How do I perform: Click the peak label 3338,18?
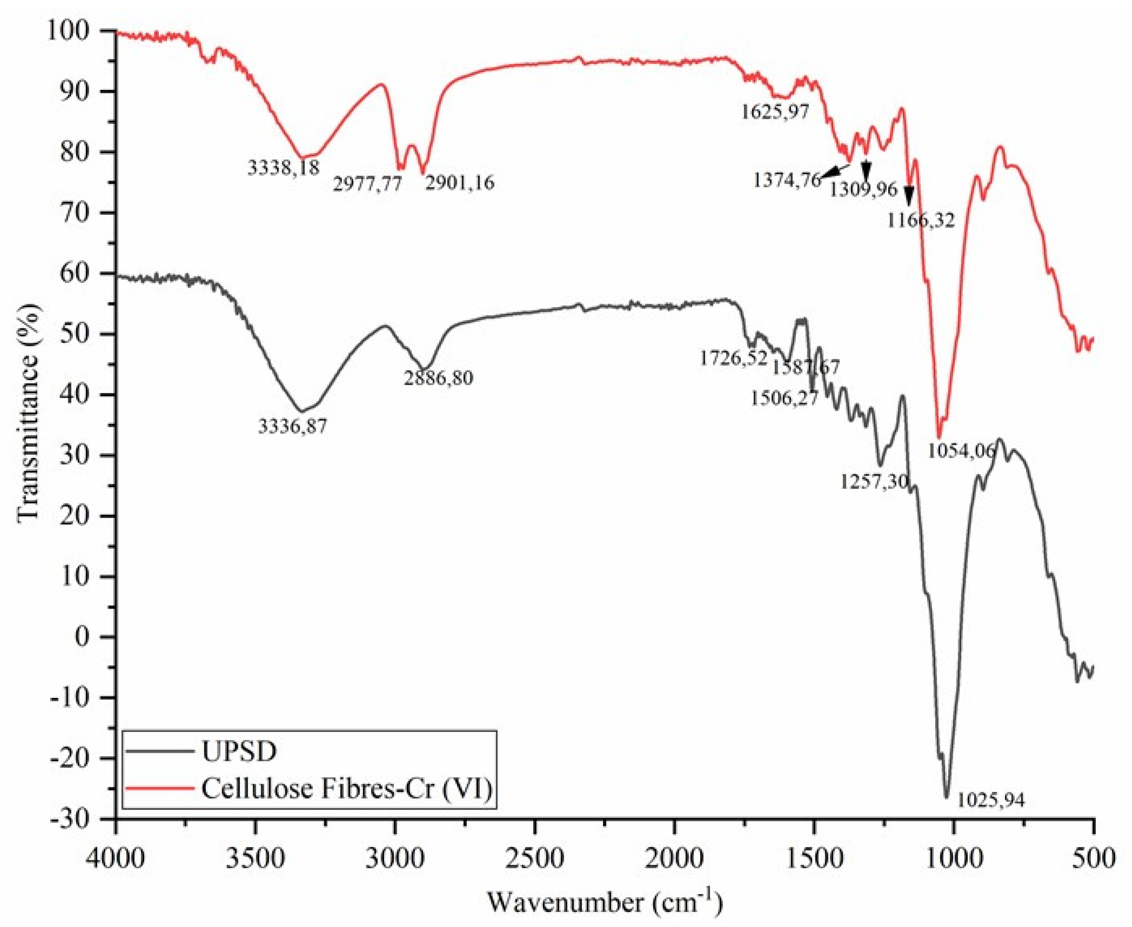point(284,167)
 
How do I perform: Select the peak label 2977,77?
point(367,184)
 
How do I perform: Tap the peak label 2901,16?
point(459,182)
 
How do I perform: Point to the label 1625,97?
point(775,112)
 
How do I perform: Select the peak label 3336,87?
point(293,426)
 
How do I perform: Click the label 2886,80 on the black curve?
point(438,378)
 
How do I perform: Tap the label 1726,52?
point(733,358)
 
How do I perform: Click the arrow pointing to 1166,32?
point(909,195)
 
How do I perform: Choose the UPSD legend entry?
point(239,752)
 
